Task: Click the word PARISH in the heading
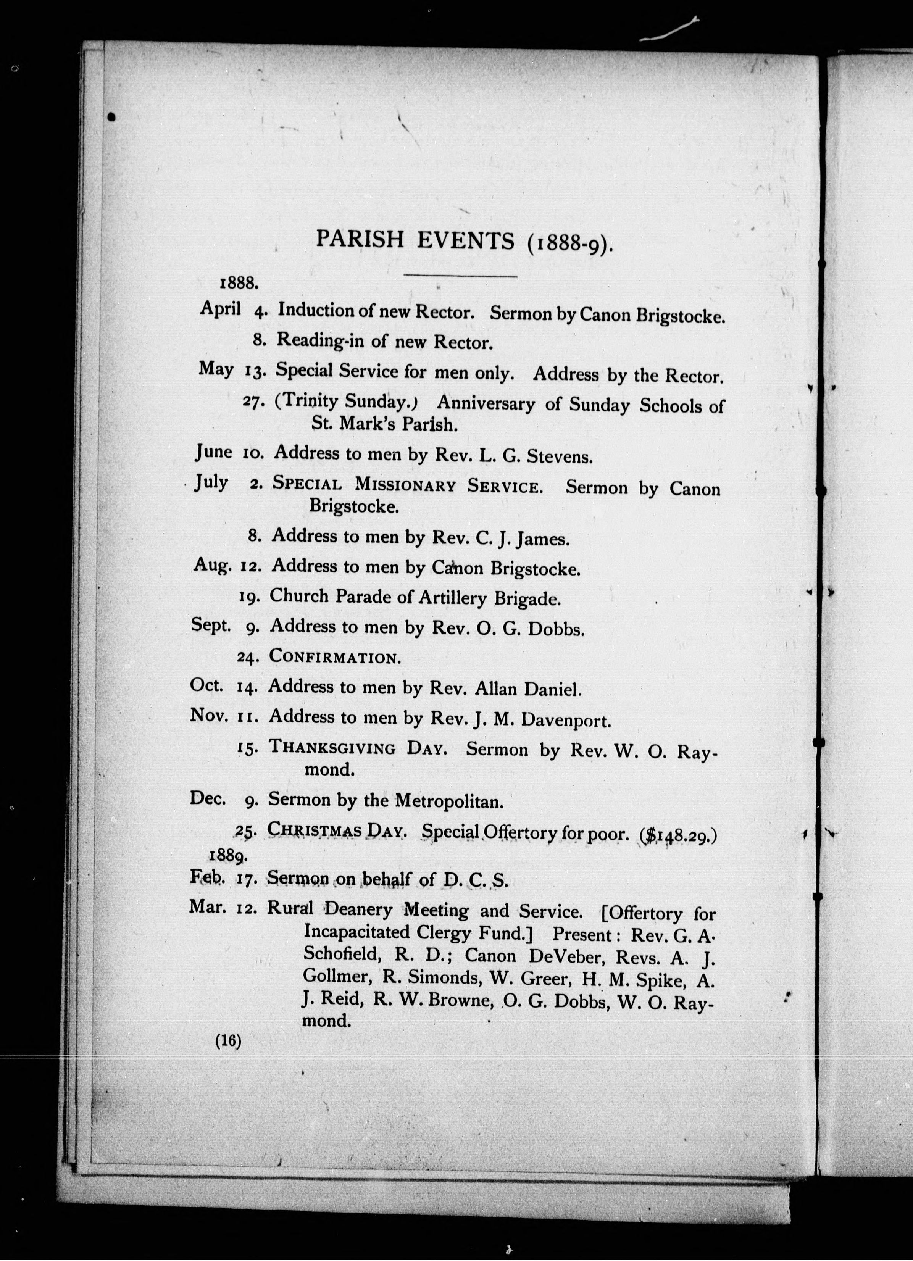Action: point(360,239)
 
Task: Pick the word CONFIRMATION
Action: point(335,657)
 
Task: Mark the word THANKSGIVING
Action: point(332,748)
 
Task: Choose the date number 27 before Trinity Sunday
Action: point(253,402)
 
